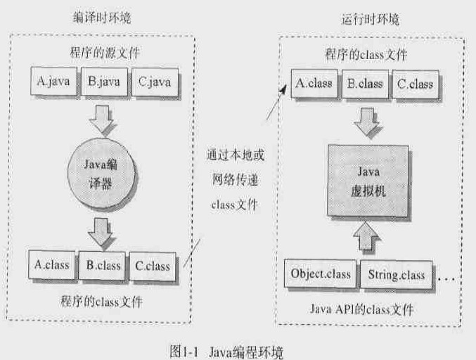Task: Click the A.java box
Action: tap(53, 82)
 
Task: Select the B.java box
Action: tap(104, 82)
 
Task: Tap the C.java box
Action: tap(154, 82)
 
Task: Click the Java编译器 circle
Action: tap(105, 175)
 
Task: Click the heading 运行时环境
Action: tap(364, 20)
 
